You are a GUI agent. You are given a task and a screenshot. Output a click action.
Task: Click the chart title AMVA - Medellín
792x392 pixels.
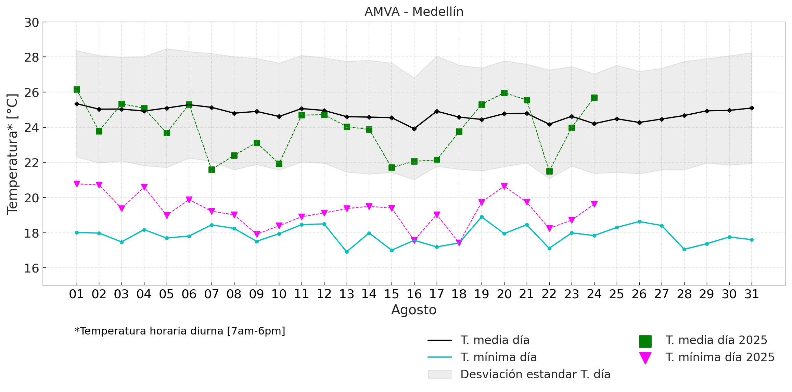(414, 12)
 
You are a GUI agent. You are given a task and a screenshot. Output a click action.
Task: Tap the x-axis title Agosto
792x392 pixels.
(414, 310)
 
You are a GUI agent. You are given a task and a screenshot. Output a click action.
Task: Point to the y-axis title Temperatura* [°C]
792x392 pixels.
(13, 154)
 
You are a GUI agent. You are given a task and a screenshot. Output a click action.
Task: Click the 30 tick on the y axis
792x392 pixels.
(31, 23)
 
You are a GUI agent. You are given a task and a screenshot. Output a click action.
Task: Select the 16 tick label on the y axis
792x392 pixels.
(31, 268)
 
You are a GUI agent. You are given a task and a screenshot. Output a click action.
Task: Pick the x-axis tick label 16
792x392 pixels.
(414, 294)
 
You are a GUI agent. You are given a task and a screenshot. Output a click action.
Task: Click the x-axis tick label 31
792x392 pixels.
(752, 294)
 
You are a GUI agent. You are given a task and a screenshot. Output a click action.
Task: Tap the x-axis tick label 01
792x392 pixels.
(76, 294)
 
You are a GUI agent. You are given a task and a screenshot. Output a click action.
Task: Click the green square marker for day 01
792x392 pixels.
(77, 90)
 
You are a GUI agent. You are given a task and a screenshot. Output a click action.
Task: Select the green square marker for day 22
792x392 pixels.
(549, 171)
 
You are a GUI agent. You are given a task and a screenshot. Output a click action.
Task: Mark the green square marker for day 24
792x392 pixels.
(594, 98)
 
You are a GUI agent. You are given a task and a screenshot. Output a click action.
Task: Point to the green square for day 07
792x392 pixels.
(212, 169)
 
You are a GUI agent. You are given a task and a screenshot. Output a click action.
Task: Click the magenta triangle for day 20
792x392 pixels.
(504, 186)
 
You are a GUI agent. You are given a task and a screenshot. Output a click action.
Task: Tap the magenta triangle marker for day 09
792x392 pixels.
(257, 234)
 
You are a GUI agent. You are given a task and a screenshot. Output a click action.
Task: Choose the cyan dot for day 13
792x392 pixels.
(347, 252)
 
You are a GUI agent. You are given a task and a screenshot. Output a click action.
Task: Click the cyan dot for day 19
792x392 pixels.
(482, 217)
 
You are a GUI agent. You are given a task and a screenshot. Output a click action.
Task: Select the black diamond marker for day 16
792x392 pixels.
(414, 129)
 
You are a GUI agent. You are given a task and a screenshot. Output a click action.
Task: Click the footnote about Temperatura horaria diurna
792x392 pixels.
(180, 331)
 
